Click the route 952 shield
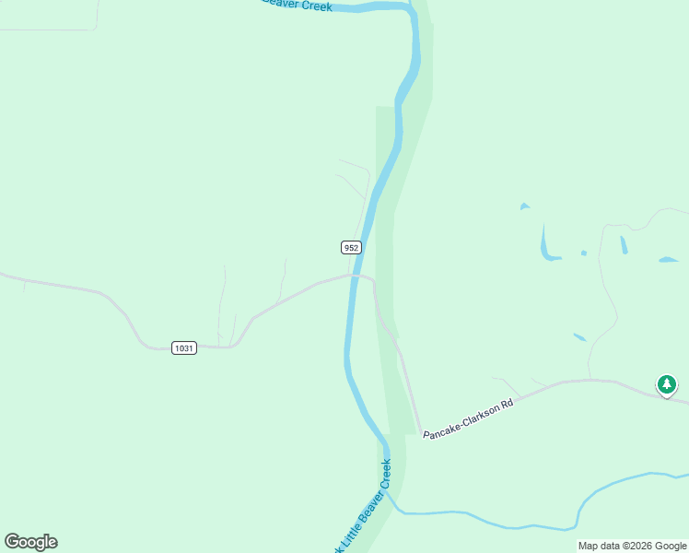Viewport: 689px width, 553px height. [x=350, y=247]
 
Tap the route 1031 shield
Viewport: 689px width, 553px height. [x=184, y=347]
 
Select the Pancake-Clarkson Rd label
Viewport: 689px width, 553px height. [x=467, y=418]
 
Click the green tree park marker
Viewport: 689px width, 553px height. [x=666, y=384]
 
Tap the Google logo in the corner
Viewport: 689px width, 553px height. [x=30, y=542]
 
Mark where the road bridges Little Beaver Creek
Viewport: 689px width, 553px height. [x=352, y=275]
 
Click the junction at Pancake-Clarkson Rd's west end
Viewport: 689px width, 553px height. [x=420, y=433]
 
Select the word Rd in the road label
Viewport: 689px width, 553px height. [x=504, y=405]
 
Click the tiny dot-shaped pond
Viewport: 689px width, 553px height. [x=583, y=253]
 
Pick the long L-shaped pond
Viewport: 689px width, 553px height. [x=547, y=246]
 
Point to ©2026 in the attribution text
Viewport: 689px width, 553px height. [x=625, y=546]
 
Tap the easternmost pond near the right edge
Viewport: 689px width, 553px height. [x=669, y=260]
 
